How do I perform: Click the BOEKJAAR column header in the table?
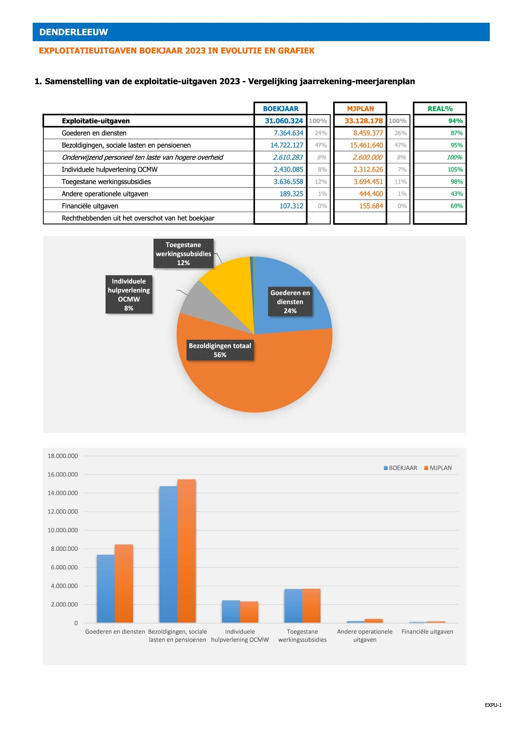point(281,108)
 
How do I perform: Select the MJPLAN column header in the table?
point(360,108)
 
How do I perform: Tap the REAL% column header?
point(440,108)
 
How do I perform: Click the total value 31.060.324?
point(284,121)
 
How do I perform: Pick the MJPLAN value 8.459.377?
point(368,133)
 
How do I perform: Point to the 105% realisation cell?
point(455,170)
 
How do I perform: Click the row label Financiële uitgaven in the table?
point(90,206)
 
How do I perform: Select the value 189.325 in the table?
point(291,194)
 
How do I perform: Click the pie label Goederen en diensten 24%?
point(290,302)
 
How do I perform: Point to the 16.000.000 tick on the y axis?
point(63,475)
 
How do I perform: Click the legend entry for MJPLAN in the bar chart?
point(438,468)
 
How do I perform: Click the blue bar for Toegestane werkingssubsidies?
point(293,606)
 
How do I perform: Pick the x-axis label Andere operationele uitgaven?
point(365,635)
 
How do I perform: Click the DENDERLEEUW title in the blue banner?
point(73,32)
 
